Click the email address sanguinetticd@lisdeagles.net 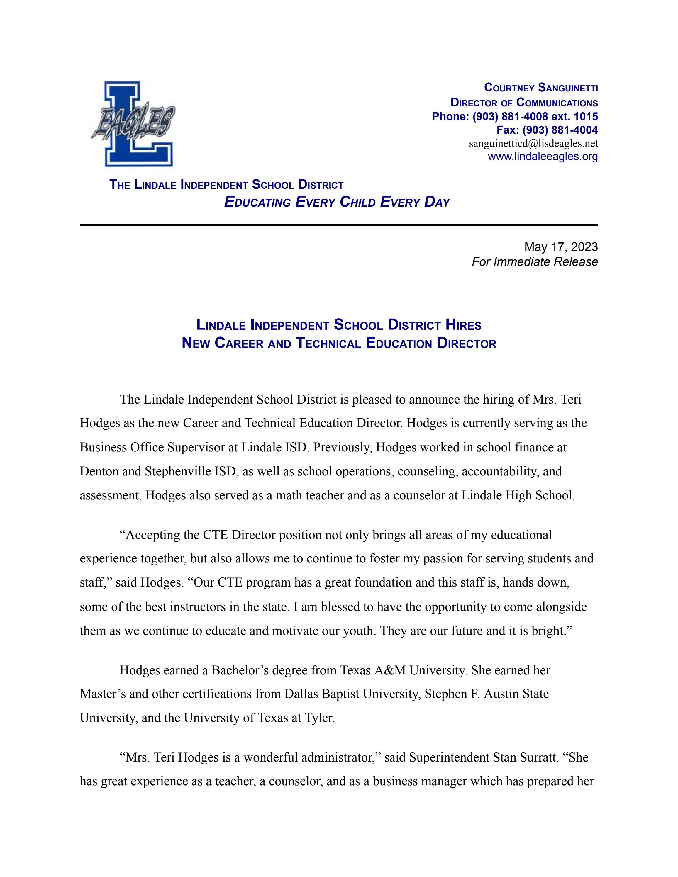pyautogui.click(x=533, y=143)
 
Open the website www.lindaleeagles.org pyautogui.click(x=543, y=157)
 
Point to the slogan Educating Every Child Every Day pyautogui.click(x=337, y=202)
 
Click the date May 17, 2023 pyautogui.click(x=561, y=247)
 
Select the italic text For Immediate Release pyautogui.click(x=535, y=262)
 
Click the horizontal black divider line pyautogui.click(x=339, y=225)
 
